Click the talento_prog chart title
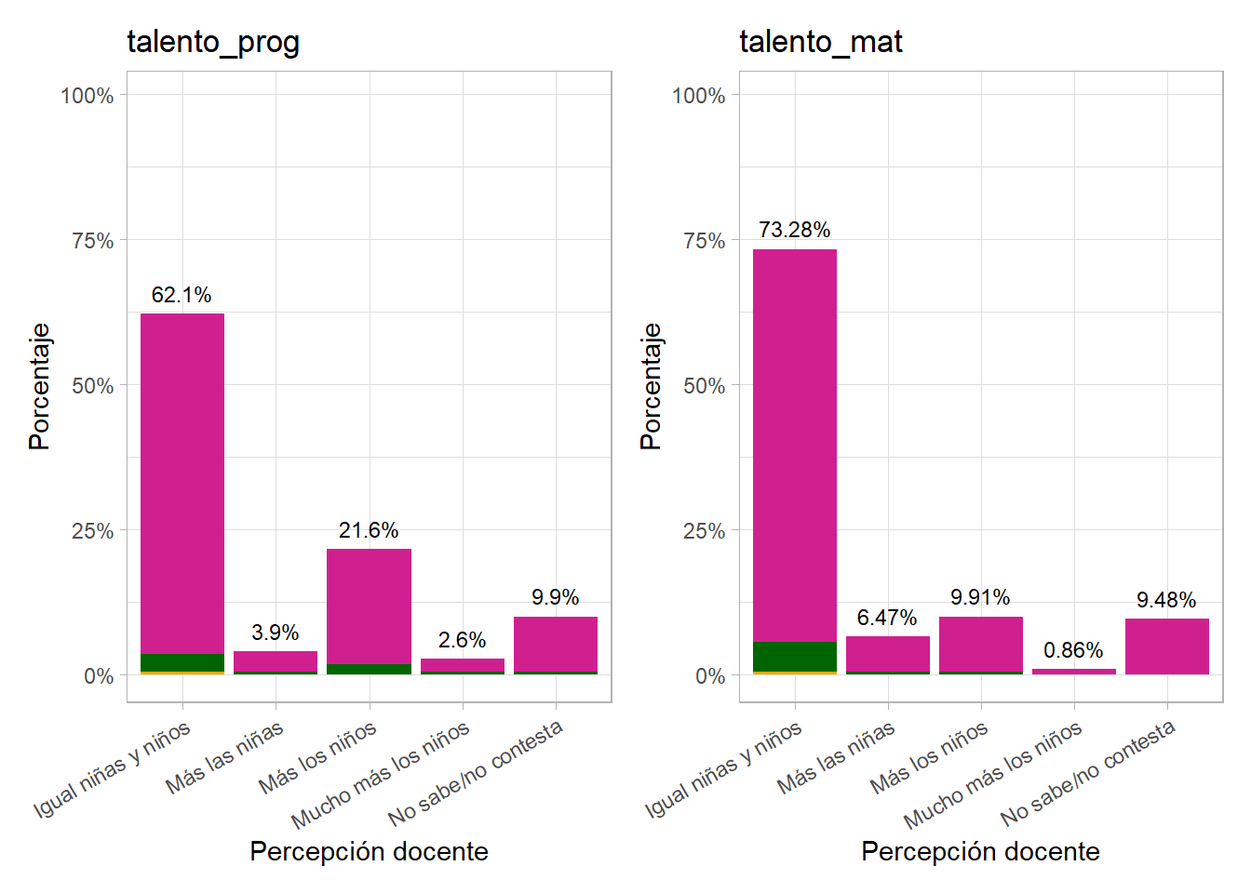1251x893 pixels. [213, 43]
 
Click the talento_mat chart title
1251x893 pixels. [820, 42]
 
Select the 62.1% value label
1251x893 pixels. [182, 295]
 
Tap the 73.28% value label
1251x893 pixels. [794, 230]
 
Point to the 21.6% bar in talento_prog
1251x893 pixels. [369, 605]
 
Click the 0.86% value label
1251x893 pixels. [1073, 650]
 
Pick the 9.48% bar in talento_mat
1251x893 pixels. [1166, 646]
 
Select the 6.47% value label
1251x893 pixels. [887, 618]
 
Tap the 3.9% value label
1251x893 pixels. [275, 633]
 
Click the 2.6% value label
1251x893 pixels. [462, 640]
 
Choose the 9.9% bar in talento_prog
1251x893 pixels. [555, 643]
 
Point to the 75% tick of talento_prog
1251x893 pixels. [93, 241]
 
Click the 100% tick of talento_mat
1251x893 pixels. [698, 96]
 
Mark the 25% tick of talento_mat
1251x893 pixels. [704, 531]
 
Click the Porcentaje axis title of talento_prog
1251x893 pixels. [39, 386]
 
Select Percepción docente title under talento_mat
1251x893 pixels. [980, 851]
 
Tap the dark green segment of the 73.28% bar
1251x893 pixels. [794, 656]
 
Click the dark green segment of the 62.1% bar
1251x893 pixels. [182, 662]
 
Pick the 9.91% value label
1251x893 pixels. [980, 597]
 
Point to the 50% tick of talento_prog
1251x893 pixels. [93, 386]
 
